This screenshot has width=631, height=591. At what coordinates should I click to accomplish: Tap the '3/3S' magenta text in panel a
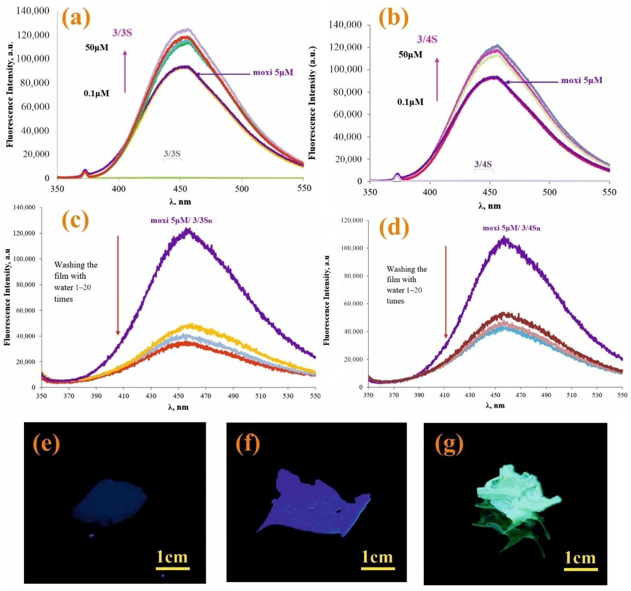pos(122,33)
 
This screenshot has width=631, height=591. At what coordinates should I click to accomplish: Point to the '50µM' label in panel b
pos(410,55)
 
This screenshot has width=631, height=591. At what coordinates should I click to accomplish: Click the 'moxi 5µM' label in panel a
pos(273,72)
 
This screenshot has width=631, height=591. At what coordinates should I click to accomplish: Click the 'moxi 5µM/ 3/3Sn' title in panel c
pos(181,220)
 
